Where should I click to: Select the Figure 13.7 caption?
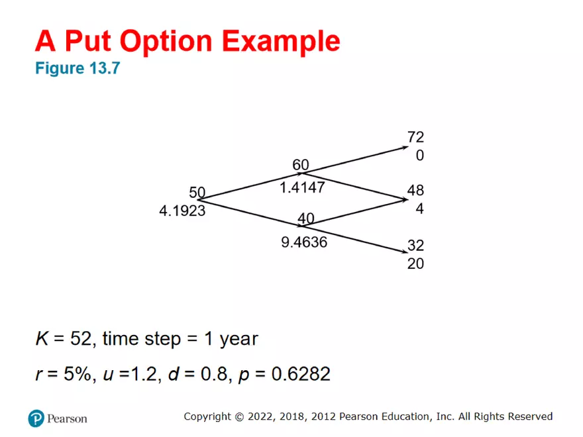pos(78,68)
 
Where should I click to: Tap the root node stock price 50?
pos(197,193)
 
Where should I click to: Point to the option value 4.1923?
pos(182,211)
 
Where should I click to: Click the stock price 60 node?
pos(301,165)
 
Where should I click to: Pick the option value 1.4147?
pos(302,187)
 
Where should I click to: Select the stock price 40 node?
pos(305,219)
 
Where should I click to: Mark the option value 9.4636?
pos(304,242)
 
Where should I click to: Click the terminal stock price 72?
pos(415,137)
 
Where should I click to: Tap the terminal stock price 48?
pos(415,191)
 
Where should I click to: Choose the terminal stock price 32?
pos(415,245)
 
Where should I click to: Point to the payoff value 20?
pos(415,264)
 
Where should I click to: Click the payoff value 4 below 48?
pos(419,209)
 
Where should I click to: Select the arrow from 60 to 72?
pos(358,160)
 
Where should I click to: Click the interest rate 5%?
pos(73,375)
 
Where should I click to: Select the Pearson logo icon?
pos(36,418)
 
